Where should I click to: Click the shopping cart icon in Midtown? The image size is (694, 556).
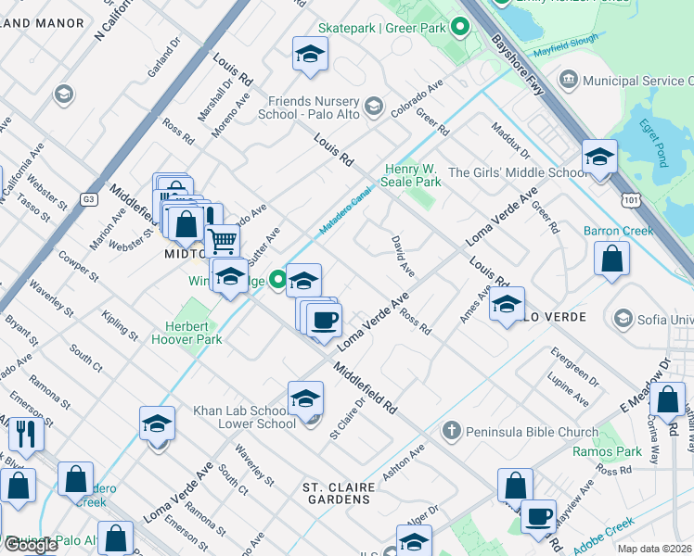223,242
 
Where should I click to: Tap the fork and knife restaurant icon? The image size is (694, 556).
25,434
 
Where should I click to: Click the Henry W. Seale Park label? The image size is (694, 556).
413,175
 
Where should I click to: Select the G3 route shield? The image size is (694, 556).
88,198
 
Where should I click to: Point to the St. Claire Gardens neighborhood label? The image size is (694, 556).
339,493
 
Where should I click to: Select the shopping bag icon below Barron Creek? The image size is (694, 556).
612,260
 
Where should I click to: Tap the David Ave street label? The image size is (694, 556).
402,256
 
